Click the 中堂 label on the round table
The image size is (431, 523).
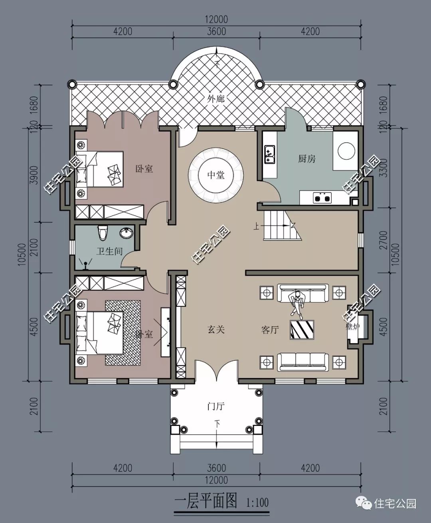pos(216,175)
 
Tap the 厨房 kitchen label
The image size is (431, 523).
pos(306,159)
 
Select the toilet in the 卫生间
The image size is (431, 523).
pos(103,233)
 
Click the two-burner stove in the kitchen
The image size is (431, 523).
pos(322,197)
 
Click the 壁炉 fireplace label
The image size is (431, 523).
pos(353,326)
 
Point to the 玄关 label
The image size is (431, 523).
pos(216,330)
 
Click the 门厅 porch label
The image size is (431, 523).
pos(216,407)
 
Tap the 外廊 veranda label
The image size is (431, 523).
pos(216,99)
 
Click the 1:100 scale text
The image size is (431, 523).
pos(257,502)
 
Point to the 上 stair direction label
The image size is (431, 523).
pos(255,226)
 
